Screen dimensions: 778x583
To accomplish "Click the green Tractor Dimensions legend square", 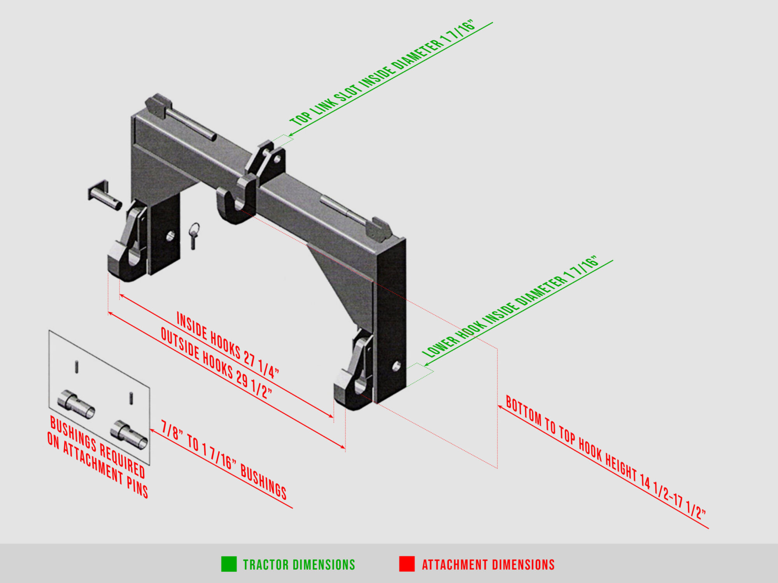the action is (x=229, y=564).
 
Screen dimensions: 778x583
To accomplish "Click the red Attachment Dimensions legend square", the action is (x=407, y=564).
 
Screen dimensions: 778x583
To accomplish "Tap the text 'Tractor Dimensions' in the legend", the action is (x=299, y=565).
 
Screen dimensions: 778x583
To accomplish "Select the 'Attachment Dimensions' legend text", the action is (x=488, y=565).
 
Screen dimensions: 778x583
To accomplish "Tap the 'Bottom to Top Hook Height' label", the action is (x=606, y=457).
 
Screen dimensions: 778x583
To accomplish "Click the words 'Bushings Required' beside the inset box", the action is (x=98, y=447).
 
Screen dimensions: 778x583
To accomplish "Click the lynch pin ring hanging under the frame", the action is (x=194, y=236).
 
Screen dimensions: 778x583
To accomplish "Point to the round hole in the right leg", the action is (x=396, y=366).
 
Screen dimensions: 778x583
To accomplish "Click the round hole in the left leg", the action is (x=170, y=236).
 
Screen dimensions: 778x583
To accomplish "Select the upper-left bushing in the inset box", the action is (x=76, y=404).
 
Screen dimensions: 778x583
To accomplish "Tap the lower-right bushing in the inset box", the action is (x=129, y=435).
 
